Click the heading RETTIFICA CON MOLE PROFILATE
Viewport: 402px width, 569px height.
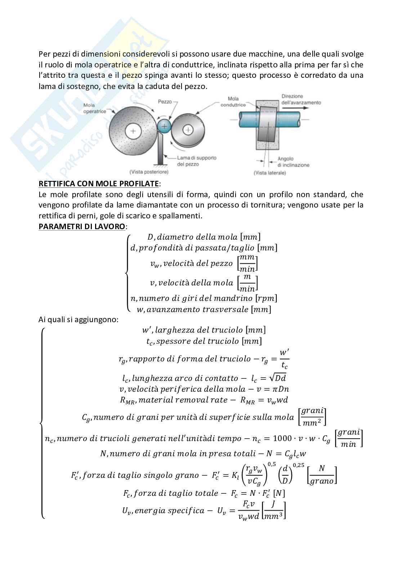[98, 184]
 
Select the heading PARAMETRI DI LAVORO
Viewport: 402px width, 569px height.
[82, 227]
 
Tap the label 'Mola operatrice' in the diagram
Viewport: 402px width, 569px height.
[94, 108]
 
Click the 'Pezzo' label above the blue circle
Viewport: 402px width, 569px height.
[165, 102]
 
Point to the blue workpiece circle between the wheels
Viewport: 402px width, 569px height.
[165, 126]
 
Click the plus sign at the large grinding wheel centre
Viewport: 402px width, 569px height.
[133, 131]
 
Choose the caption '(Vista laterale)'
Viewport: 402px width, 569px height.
[270, 173]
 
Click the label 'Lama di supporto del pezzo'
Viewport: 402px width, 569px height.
[196, 161]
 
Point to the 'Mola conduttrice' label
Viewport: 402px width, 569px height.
[237, 102]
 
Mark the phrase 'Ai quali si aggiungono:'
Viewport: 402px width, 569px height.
[78, 319]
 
